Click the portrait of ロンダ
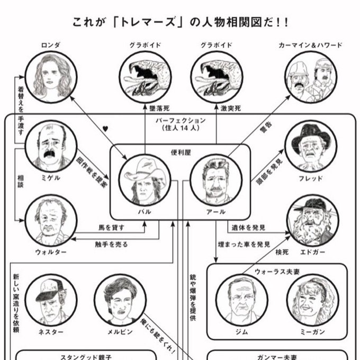point(51,77)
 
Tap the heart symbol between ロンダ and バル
point(105,129)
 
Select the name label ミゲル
point(51,178)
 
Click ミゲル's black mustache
point(49,154)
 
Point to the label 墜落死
point(159,108)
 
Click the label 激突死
point(231,108)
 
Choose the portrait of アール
point(216,180)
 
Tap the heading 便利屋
point(181,152)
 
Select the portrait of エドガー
point(312,220)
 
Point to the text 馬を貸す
point(111,228)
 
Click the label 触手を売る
point(111,244)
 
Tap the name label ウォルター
point(51,252)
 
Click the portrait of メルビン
point(120,300)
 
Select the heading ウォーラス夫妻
point(277,272)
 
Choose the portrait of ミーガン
point(312,300)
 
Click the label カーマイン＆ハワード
point(310,45)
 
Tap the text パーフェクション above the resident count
point(181,120)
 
